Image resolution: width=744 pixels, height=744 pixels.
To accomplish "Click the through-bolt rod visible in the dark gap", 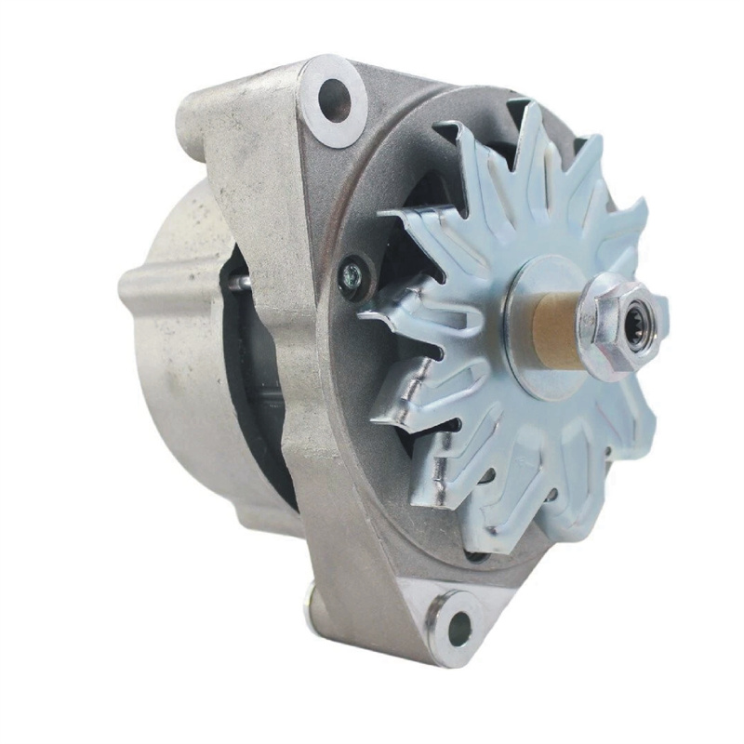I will (x=240, y=283).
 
